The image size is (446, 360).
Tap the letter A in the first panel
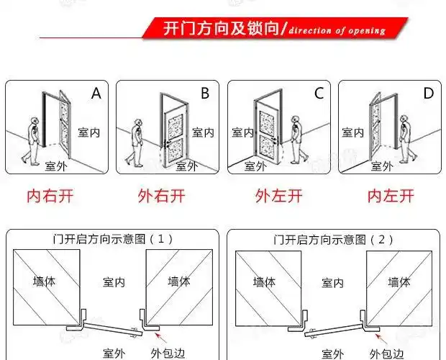[96, 94]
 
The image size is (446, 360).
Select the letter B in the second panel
[205, 94]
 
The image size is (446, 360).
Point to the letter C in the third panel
[318, 94]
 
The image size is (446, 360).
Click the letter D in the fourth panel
[428, 94]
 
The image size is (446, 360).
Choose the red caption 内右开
[50, 195]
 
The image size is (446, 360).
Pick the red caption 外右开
[160, 195]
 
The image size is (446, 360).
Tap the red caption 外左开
[278, 195]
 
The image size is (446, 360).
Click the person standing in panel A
[31, 140]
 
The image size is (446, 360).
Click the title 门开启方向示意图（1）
[113, 238]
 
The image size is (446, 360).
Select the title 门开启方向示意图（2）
[332, 238]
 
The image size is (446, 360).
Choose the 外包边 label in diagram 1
[169, 353]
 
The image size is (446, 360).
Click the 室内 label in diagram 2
[332, 283]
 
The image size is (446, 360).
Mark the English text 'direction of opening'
[337, 30]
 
